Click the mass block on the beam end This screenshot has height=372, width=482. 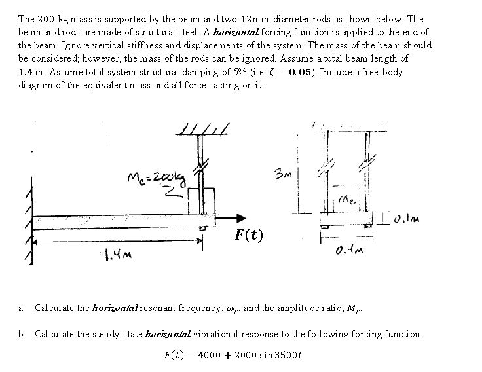(202, 201)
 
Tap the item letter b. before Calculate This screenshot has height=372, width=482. (22, 334)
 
